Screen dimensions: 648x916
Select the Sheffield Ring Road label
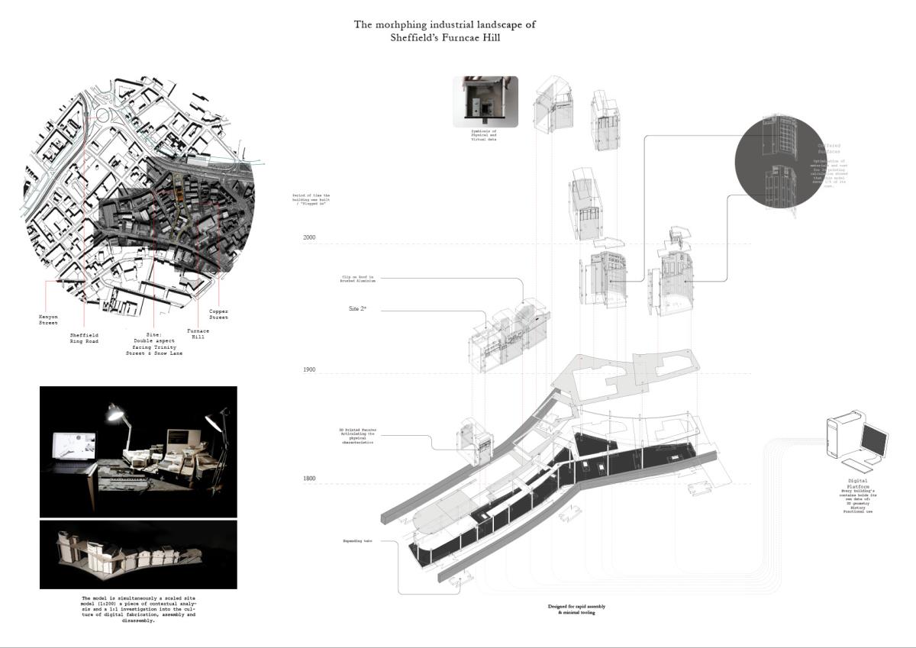click(x=84, y=339)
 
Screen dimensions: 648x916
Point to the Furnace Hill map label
click(x=198, y=334)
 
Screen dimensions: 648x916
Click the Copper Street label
click(x=219, y=314)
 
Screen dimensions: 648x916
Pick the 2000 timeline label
click(x=308, y=238)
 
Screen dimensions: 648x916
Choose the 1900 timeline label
click(x=308, y=370)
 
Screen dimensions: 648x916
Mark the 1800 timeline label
click(x=308, y=479)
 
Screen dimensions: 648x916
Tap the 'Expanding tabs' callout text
click(x=357, y=541)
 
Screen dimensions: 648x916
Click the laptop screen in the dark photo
click(x=74, y=449)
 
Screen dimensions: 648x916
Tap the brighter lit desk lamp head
click(x=115, y=414)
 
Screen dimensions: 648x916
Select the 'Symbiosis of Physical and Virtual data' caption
click(x=484, y=137)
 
